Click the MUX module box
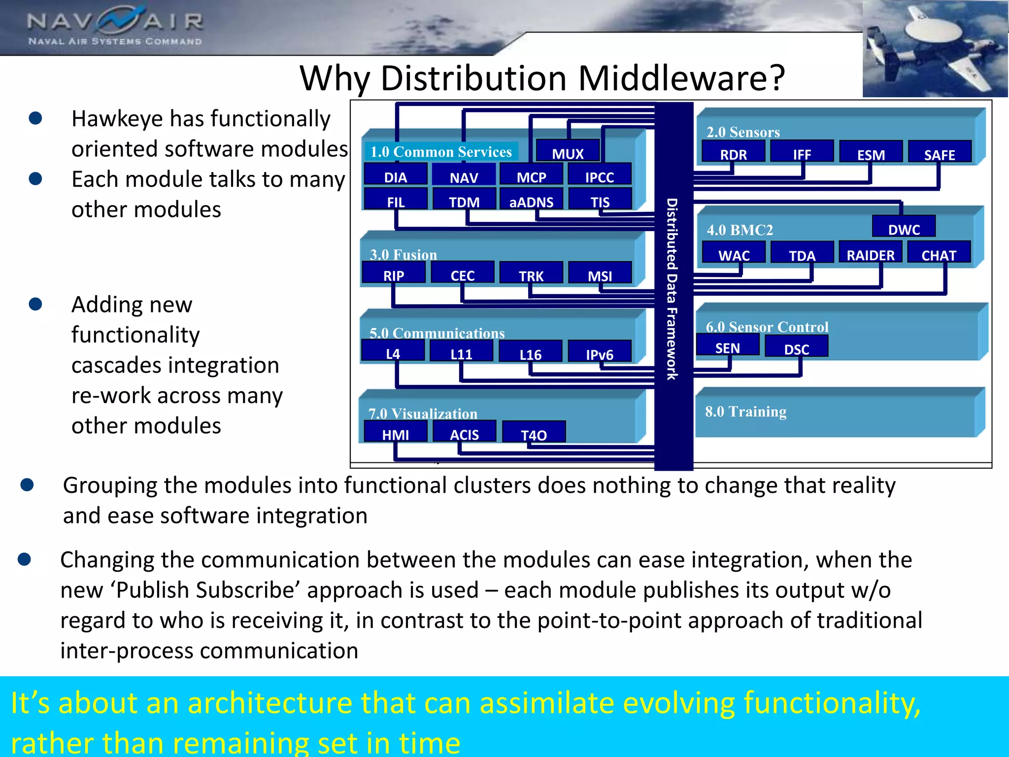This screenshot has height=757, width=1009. click(568, 152)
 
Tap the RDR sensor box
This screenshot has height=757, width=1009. click(733, 153)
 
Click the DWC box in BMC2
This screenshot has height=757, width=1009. click(904, 228)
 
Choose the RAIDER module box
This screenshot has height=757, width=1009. click(870, 254)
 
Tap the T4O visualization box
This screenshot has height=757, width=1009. click(534, 434)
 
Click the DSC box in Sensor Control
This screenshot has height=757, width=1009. click(796, 348)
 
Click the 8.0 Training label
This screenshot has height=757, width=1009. click(745, 412)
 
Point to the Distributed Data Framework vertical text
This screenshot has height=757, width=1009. click(673, 288)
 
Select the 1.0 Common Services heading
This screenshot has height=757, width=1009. click(441, 152)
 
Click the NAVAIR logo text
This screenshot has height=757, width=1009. click(115, 22)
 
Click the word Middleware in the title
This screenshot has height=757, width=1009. click(681, 79)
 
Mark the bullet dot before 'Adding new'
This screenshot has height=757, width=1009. click(35, 304)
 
